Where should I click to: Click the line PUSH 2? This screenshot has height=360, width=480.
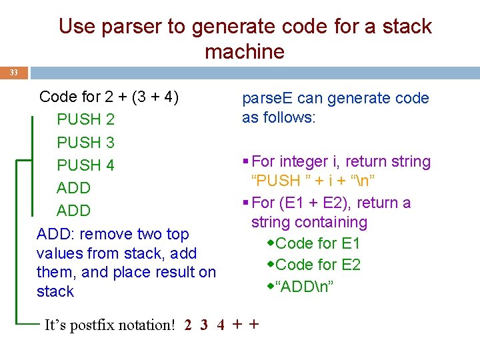point(85,120)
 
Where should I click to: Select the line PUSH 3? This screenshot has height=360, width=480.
point(85,143)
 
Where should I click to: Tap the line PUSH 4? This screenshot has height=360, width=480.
point(85,165)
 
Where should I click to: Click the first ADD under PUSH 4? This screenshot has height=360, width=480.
point(73,188)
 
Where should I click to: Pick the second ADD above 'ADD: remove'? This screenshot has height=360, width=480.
point(73,211)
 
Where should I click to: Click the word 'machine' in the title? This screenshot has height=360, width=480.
point(245,51)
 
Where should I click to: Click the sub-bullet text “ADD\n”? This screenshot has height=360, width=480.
point(304,287)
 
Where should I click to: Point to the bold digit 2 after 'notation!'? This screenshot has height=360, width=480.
point(189,325)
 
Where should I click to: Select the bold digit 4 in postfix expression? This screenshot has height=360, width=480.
point(220,325)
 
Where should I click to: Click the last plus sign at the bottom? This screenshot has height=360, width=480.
point(253,325)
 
